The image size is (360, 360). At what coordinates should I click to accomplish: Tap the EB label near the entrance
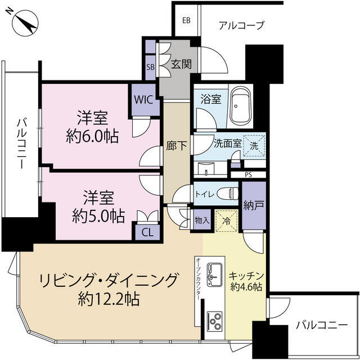[186, 21]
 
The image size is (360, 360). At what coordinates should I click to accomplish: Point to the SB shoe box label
[150, 66]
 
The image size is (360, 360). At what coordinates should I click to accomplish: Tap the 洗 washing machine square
[255, 144]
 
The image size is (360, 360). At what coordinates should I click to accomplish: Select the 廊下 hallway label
[173, 144]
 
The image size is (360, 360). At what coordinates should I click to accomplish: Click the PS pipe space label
[248, 174]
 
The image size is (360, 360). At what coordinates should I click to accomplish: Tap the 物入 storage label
[202, 220]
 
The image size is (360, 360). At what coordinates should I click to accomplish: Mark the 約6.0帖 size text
[93, 136]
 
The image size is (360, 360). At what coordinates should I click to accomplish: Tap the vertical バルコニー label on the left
[21, 144]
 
